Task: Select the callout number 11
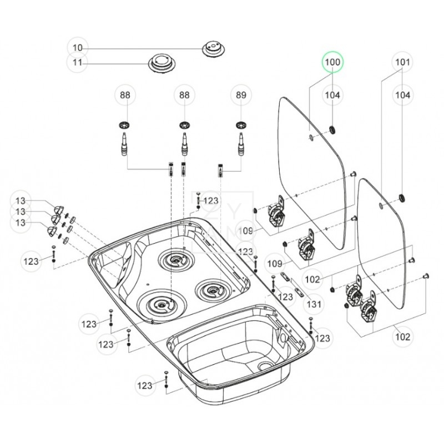pyautogui.click(x=78, y=63)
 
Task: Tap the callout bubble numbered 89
pyautogui.click(x=240, y=95)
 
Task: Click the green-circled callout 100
pyautogui.click(x=332, y=62)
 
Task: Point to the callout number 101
pyautogui.click(x=403, y=62)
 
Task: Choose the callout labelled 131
pyautogui.click(x=314, y=304)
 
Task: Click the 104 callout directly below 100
pyautogui.click(x=332, y=95)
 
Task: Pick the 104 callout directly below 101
pyautogui.click(x=403, y=95)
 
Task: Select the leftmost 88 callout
pyautogui.click(x=125, y=95)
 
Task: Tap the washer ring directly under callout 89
pyautogui.click(x=240, y=123)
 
